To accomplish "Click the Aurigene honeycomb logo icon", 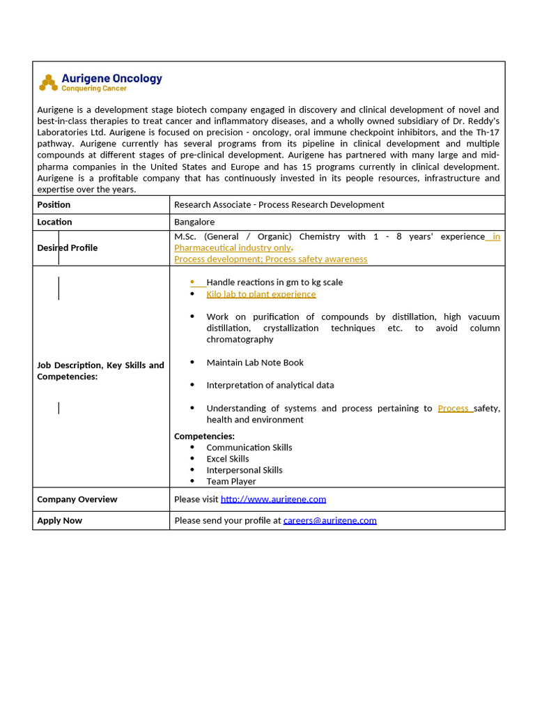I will click(48, 83).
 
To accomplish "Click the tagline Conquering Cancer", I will click(94, 89).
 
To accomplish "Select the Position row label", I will click(54, 204).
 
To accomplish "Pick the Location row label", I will click(54, 222).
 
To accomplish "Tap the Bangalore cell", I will click(194, 222).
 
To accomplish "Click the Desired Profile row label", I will click(67, 248).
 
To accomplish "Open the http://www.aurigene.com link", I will click(273, 499).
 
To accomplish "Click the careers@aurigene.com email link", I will click(329, 520).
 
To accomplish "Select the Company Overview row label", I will click(77, 499).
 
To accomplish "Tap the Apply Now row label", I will click(59, 520).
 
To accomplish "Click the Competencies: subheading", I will click(204, 436).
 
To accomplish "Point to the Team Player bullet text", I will click(231, 481).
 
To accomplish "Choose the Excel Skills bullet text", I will click(228, 459).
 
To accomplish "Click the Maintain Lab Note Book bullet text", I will click(255, 363).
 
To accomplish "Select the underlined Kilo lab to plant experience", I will click(261, 294).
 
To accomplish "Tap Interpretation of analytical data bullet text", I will click(270, 385).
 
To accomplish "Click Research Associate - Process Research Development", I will click(279, 204).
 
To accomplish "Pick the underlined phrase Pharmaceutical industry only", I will click(233, 248).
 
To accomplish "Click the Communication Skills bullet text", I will click(249, 448).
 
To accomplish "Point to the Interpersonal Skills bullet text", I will click(245, 470).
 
